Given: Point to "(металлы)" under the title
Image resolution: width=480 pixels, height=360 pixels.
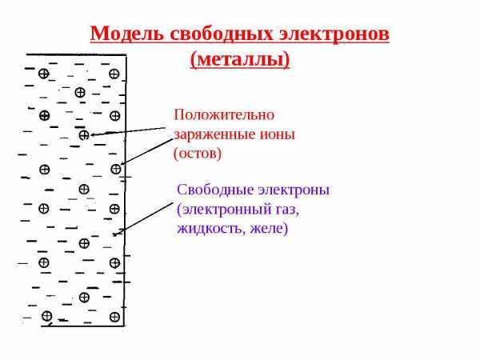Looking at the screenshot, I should (x=240, y=59).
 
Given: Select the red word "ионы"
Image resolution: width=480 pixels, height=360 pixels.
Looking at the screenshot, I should (x=277, y=134).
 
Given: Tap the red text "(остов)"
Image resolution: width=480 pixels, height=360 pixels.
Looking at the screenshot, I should (x=197, y=153).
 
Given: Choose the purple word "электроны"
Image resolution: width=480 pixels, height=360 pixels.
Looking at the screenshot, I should (x=292, y=190).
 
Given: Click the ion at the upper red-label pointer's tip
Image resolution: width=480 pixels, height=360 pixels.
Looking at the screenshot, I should (x=84, y=135).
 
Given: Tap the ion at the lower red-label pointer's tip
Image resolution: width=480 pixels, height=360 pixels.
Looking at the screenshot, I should (x=117, y=169).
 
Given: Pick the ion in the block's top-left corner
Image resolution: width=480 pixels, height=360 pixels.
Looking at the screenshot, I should (x=43, y=74).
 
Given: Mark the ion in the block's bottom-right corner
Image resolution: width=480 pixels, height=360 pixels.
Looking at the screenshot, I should (x=114, y=318).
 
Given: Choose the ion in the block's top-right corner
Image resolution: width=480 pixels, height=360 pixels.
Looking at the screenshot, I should (x=114, y=74).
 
